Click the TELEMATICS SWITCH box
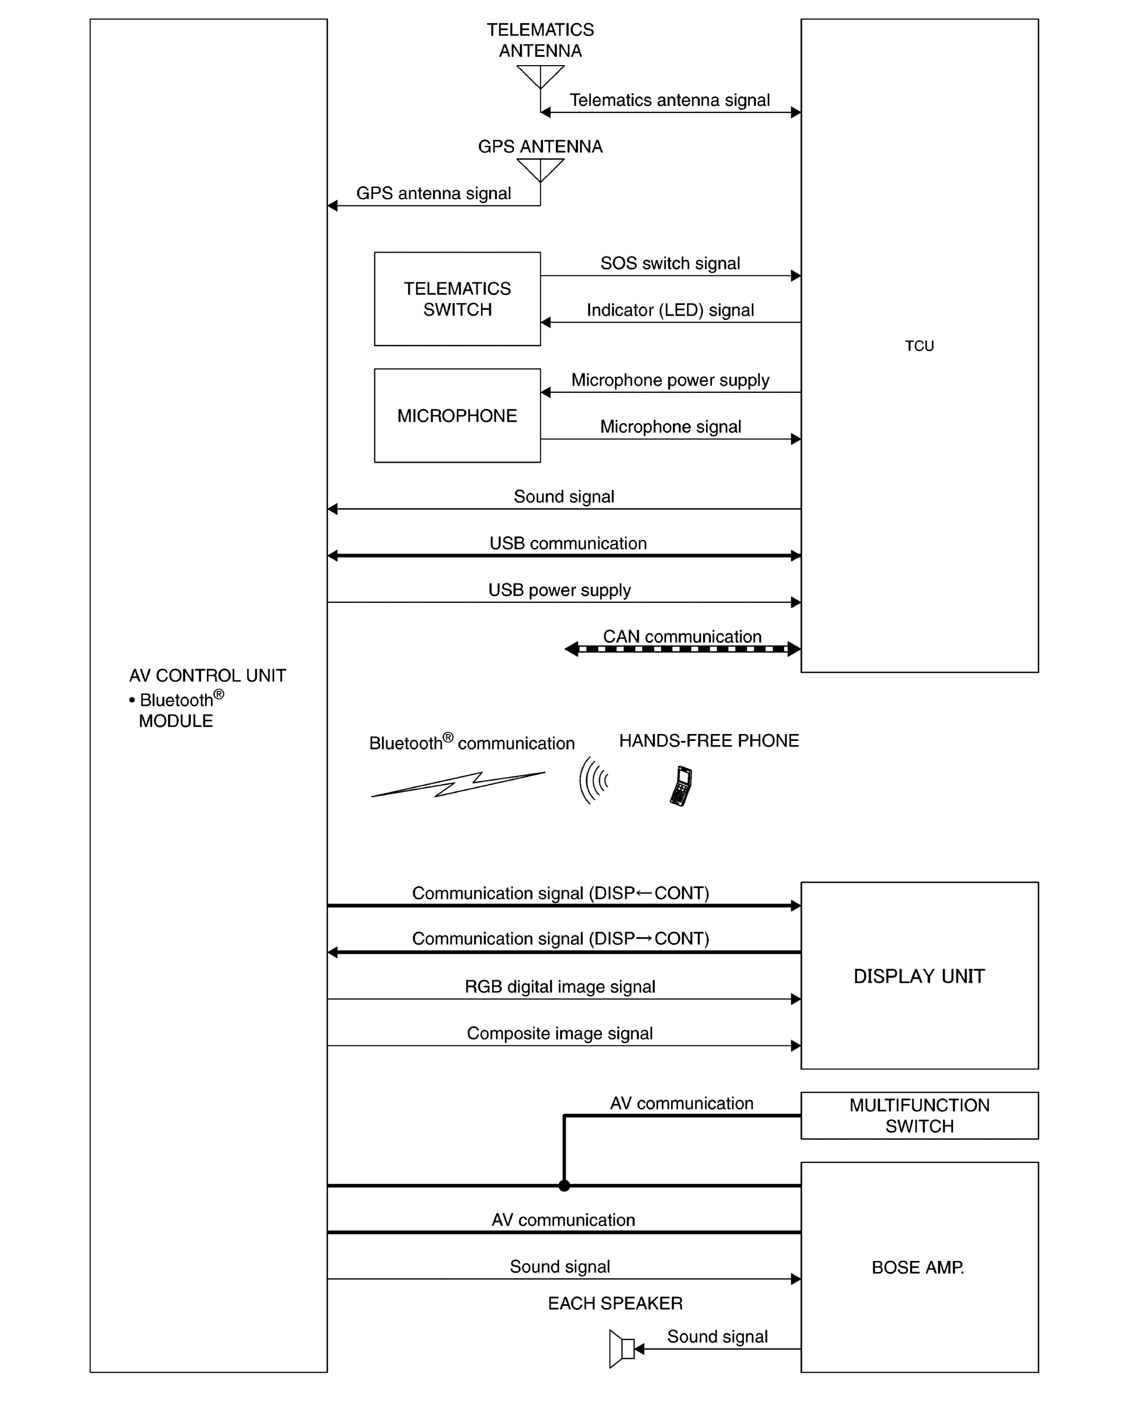coord(457,299)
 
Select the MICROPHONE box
coord(457,416)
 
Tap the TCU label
coord(919,346)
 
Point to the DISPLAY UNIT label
coord(919,976)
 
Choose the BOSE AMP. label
coord(918,1267)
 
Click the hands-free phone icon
coord(681,785)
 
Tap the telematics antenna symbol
coord(540,77)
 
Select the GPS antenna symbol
coord(540,170)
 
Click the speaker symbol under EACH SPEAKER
coord(622,1348)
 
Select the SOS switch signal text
coord(670,263)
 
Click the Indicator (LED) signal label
coord(670,310)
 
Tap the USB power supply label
coord(560,590)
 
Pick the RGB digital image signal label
coord(560,987)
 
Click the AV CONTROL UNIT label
coord(207,675)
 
